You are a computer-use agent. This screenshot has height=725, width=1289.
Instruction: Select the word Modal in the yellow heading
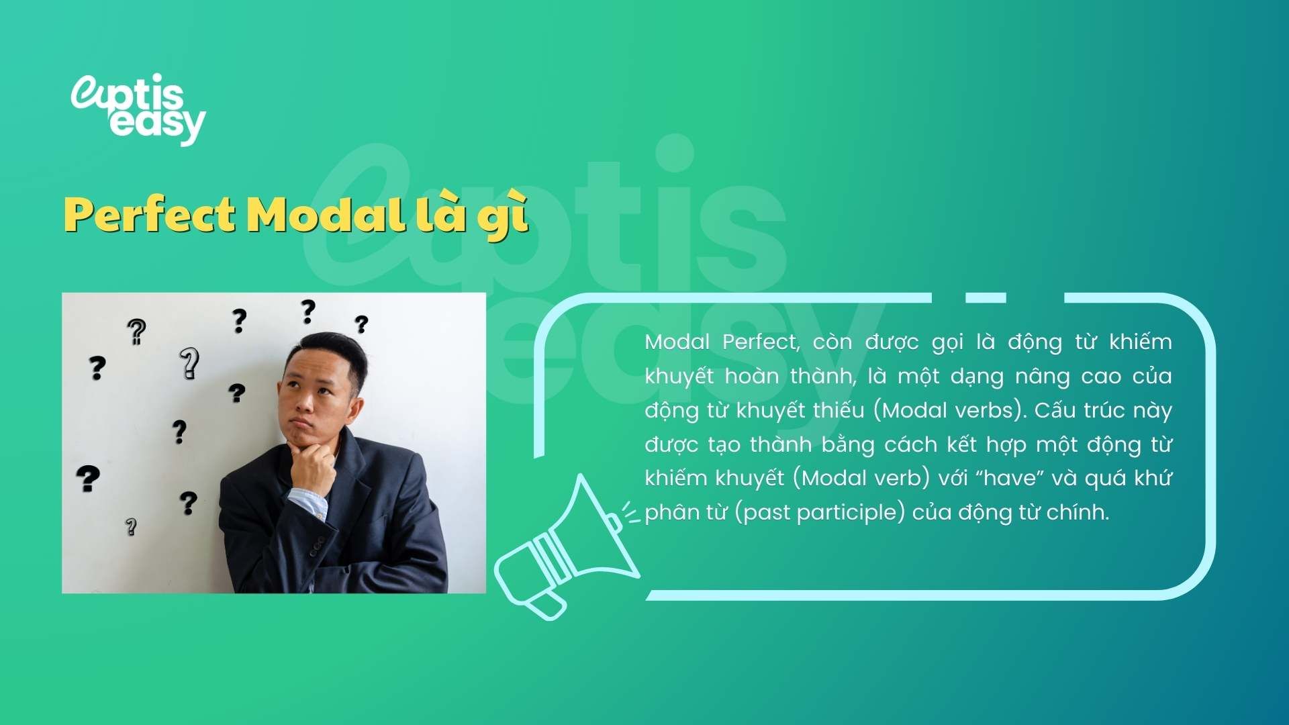[x=325, y=215]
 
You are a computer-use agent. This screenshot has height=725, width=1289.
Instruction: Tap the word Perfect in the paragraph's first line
[x=760, y=342]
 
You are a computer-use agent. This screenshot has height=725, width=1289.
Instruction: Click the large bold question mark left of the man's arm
[x=88, y=478]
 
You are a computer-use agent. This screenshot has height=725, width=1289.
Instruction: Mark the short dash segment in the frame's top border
[x=986, y=297]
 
